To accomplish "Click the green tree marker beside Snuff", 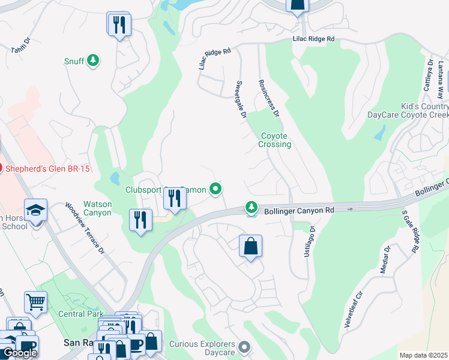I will coord(93,60).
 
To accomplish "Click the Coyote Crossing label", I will coord(275,140).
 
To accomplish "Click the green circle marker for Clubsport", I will coord(215,190).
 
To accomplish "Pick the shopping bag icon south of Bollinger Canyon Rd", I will coord(250,246).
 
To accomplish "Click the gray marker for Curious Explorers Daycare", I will coord(244,346).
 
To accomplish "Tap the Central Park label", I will coord(80,314).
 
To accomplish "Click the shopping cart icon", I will coord(35,303).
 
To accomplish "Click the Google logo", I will coord(20,353).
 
